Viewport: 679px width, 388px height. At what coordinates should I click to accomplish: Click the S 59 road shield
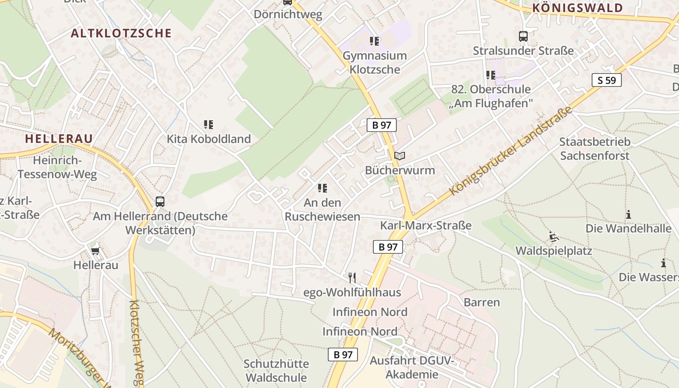tap(606, 80)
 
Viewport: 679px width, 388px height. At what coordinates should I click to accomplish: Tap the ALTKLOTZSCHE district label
tap(121, 33)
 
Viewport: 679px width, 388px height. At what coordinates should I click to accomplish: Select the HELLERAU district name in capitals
tap(59, 139)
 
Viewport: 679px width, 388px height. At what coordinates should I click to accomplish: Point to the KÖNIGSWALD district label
tap(577, 8)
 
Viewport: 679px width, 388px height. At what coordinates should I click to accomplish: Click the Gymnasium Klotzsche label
tap(374, 63)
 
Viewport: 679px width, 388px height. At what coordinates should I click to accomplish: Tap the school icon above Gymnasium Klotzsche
tap(374, 41)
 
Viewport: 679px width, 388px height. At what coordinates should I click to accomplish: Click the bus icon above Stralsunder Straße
tap(523, 36)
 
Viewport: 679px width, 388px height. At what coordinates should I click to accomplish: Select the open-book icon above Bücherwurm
tap(400, 156)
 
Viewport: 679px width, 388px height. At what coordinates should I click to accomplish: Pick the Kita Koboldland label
tap(209, 139)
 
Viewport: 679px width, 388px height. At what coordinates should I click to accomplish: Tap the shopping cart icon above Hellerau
tap(96, 251)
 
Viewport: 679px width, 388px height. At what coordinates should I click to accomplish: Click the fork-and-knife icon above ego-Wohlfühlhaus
tap(352, 277)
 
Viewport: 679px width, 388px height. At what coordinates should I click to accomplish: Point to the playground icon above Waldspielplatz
tap(554, 237)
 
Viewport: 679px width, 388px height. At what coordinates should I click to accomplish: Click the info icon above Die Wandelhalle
tap(629, 214)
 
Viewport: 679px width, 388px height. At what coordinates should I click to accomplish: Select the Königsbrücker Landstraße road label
tap(511, 151)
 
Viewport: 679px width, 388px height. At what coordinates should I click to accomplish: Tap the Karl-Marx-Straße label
tap(426, 226)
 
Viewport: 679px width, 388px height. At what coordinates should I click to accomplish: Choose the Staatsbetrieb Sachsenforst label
tap(595, 149)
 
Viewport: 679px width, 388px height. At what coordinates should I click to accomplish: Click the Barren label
tap(482, 302)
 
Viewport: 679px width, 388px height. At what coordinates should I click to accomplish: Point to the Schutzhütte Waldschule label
tap(276, 371)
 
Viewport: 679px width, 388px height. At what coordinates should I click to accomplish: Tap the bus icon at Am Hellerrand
tap(160, 201)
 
